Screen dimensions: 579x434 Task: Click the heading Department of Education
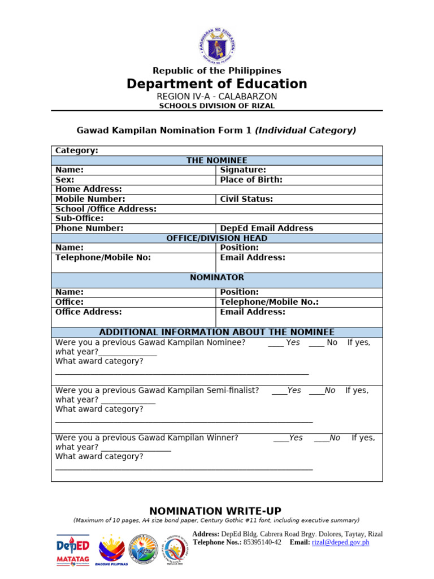pyautogui.click(x=217, y=84)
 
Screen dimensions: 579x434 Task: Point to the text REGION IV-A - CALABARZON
pyautogui.click(x=217, y=97)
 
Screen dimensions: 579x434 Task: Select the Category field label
pyautogui.click(x=76, y=150)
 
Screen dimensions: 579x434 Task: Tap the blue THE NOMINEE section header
pyautogui.click(x=217, y=161)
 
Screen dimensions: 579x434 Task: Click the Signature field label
pyautogui.click(x=243, y=170)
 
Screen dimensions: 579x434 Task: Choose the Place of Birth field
pyautogui.click(x=251, y=180)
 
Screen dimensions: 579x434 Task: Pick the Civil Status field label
pyautogui.click(x=246, y=199)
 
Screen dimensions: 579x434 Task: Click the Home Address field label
pyautogui.click(x=88, y=189)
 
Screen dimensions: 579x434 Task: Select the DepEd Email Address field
pyautogui.click(x=266, y=228)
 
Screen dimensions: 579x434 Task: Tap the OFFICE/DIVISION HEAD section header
pyautogui.click(x=217, y=238)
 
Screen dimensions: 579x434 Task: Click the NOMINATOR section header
pyautogui.click(x=217, y=277)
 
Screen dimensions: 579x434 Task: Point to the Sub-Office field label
pyautogui.click(x=79, y=218)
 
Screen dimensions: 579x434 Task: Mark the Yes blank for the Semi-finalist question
pyautogui.click(x=279, y=391)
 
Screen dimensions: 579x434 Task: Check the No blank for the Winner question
pyautogui.click(x=321, y=438)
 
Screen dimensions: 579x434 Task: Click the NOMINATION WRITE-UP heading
pyautogui.click(x=215, y=511)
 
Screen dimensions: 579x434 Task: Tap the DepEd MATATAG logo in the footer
pyautogui.click(x=72, y=549)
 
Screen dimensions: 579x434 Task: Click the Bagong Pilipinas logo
pyautogui.click(x=112, y=550)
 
